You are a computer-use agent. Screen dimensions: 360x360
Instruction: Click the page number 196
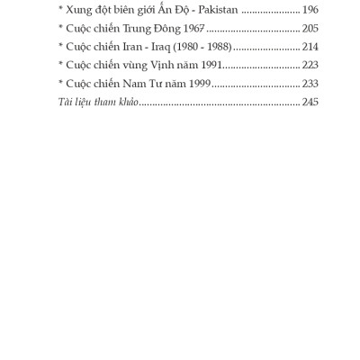310,9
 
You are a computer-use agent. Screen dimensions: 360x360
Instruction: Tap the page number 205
310,28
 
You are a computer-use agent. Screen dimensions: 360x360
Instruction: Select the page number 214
310,47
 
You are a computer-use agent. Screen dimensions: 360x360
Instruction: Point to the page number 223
310,65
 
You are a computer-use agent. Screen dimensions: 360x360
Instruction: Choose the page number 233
310,84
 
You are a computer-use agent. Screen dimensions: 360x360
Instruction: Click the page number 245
310,103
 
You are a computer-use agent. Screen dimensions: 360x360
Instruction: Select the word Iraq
158,47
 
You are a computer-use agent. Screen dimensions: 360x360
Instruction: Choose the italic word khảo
124,103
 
